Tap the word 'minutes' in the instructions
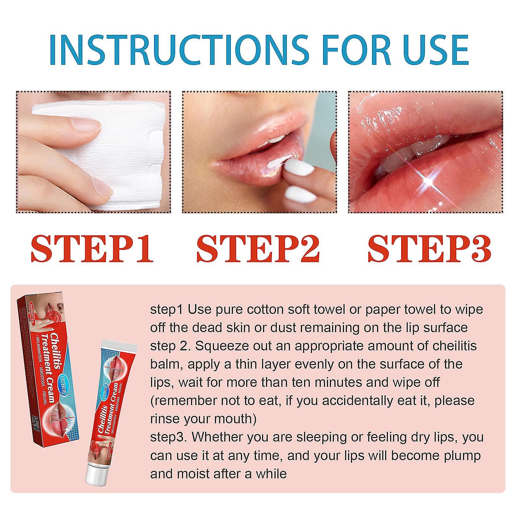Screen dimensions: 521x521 (341, 382)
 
